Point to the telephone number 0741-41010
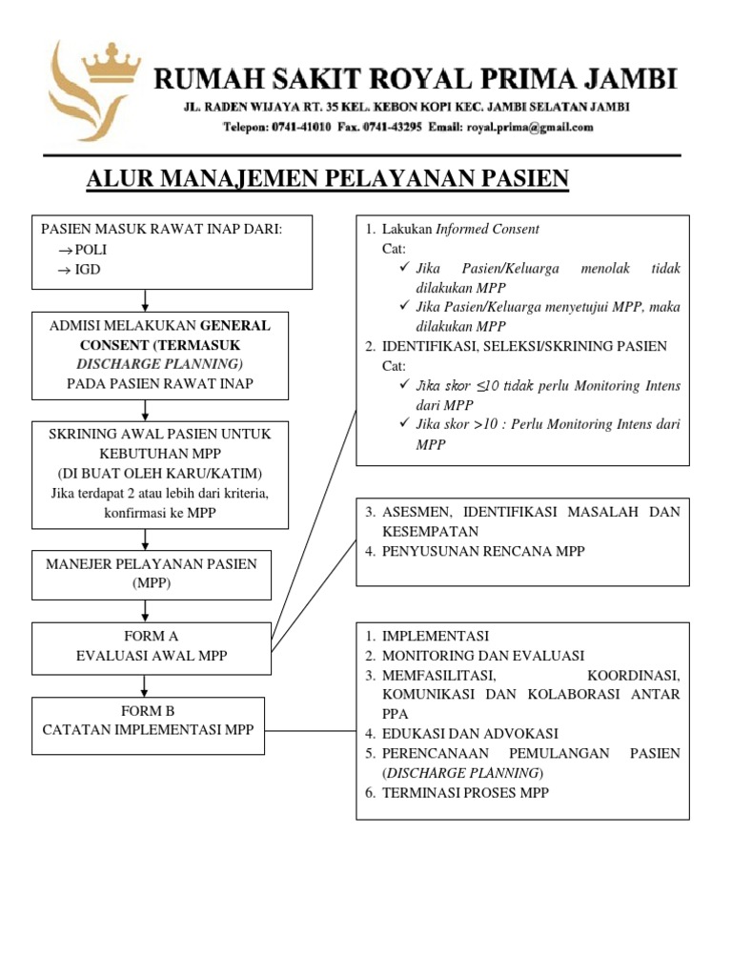point(299,127)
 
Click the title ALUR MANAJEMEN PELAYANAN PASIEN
point(327,178)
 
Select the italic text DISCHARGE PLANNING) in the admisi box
point(159,363)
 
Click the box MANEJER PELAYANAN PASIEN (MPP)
point(152,573)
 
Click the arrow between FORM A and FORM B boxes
point(145,685)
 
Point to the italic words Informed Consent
point(487,229)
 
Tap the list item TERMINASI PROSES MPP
point(465,793)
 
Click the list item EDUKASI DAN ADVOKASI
point(470,734)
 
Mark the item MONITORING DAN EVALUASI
point(483,656)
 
